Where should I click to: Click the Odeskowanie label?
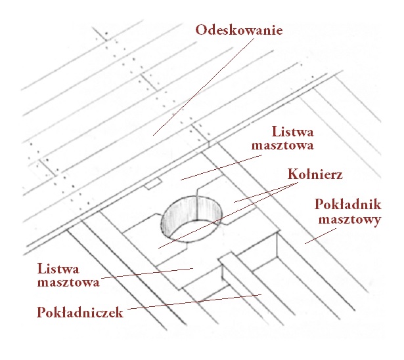coord(239,30)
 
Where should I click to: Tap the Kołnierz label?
coord(315,174)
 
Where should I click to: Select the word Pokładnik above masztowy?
coord(348,204)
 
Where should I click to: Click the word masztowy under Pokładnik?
coord(349,220)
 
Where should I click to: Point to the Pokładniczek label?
coord(80,312)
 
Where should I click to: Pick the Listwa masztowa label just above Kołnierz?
coord(282,138)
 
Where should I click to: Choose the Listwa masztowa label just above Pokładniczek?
coord(68,275)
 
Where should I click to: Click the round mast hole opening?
coord(191,219)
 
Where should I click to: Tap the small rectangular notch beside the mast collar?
coord(153,184)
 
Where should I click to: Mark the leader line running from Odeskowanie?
coord(204,87)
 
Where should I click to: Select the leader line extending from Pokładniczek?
coord(194,302)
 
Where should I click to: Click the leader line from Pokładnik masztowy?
coord(321,236)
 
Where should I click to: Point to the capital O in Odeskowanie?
coord(201,30)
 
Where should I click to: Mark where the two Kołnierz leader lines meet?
coord(298,183)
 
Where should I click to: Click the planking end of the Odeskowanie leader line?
coord(153,135)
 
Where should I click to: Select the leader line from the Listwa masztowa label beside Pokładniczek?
coord(147,273)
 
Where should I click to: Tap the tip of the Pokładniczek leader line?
coord(261,294)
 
